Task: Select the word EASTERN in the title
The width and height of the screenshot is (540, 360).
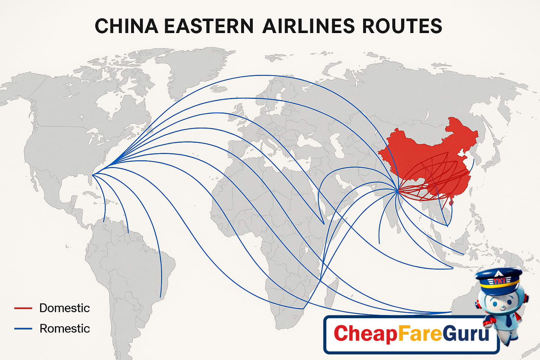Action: pyautogui.click(x=208, y=26)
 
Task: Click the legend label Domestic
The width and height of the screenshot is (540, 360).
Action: pyautogui.click(x=64, y=308)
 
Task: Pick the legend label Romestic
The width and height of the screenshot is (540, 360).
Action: pyautogui.click(x=65, y=328)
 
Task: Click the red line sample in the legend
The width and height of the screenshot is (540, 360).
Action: pyautogui.click(x=23, y=308)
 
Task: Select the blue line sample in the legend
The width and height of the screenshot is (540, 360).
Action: pyautogui.click(x=23, y=329)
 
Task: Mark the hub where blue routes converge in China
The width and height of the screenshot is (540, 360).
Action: pyautogui.click(x=397, y=191)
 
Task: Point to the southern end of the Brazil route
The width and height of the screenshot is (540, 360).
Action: pyautogui.click(x=161, y=297)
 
